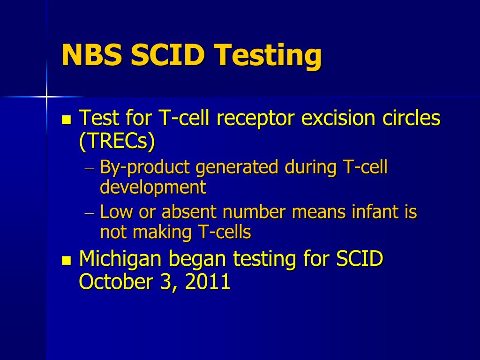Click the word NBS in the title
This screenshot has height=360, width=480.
coord(92,55)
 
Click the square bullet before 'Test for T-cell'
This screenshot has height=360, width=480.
coord(66,120)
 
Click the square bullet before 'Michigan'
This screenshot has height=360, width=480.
coord(66,260)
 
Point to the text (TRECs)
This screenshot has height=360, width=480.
coord(117,142)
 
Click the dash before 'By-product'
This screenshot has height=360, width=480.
coord(90,168)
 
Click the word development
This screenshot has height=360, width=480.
coord(153,187)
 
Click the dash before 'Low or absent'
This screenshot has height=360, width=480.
coord(90,213)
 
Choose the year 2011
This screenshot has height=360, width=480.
coord(207,281)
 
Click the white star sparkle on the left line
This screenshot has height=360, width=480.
coord(46,97)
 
